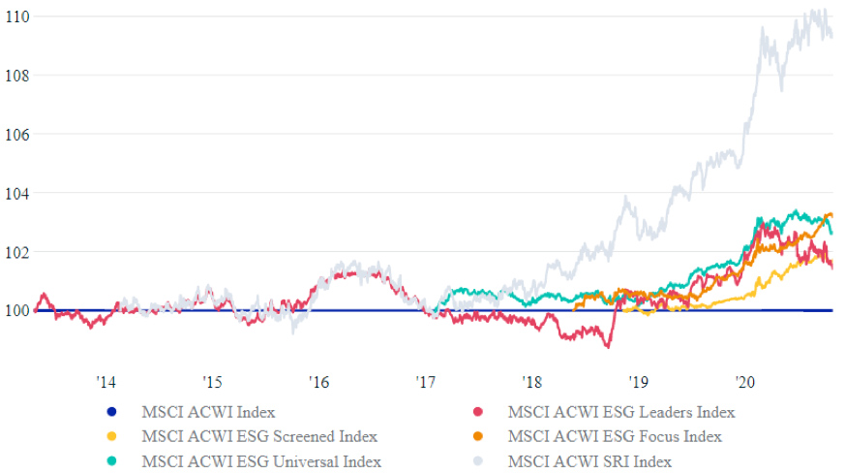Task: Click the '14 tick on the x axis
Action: [106, 381]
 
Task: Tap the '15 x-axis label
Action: [212, 381]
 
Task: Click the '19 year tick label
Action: [638, 381]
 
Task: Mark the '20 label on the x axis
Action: [744, 381]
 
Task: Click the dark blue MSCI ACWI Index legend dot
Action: [113, 412]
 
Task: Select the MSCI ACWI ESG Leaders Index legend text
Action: [613, 412]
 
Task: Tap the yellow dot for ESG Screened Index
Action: [113, 436]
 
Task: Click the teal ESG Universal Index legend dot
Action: [113, 460]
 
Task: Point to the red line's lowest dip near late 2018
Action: [607, 346]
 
